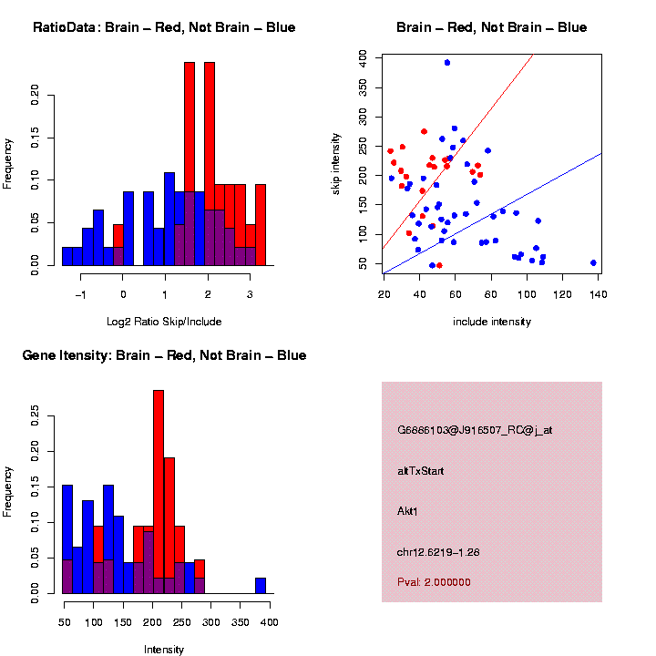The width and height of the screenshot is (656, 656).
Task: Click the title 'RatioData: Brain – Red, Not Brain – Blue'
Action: click(x=164, y=27)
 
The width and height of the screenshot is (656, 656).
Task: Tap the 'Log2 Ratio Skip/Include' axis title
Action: click(x=164, y=322)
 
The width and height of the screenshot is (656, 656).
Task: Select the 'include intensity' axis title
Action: click(x=492, y=322)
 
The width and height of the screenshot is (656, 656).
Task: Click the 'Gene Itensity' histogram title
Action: click(x=164, y=355)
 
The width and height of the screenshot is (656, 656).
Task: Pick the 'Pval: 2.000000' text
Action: click(x=434, y=582)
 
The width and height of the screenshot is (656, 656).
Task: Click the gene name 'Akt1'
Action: click(x=407, y=511)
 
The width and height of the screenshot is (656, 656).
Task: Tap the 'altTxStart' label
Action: click(x=420, y=471)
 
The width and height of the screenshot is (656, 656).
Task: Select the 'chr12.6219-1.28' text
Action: click(x=438, y=552)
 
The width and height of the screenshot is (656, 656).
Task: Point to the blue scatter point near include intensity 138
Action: click(x=593, y=262)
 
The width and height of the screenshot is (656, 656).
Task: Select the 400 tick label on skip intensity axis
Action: click(x=363, y=56)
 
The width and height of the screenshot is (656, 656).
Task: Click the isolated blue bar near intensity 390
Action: click(x=261, y=585)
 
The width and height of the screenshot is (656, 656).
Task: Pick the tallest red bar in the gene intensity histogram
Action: click(x=159, y=492)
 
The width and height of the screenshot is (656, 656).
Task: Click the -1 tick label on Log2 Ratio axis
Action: click(x=80, y=295)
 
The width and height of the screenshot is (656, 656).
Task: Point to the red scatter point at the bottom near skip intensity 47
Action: click(x=439, y=265)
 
